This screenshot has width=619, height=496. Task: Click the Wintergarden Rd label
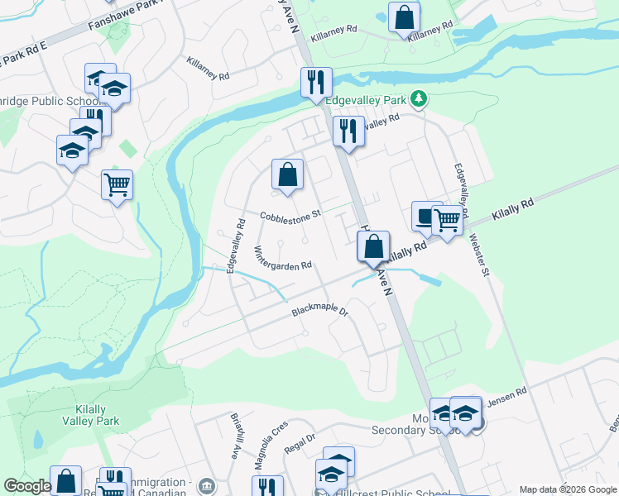point(283,259)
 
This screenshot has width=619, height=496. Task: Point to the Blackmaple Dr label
point(321,313)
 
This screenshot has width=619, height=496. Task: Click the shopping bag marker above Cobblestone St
point(287,174)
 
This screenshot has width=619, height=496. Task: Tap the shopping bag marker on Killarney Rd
point(404,17)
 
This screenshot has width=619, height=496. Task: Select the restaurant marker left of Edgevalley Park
point(316,83)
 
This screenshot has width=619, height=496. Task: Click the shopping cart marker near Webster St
point(447,220)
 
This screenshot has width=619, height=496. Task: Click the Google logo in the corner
point(27,486)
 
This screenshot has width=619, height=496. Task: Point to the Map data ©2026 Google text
point(568,489)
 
